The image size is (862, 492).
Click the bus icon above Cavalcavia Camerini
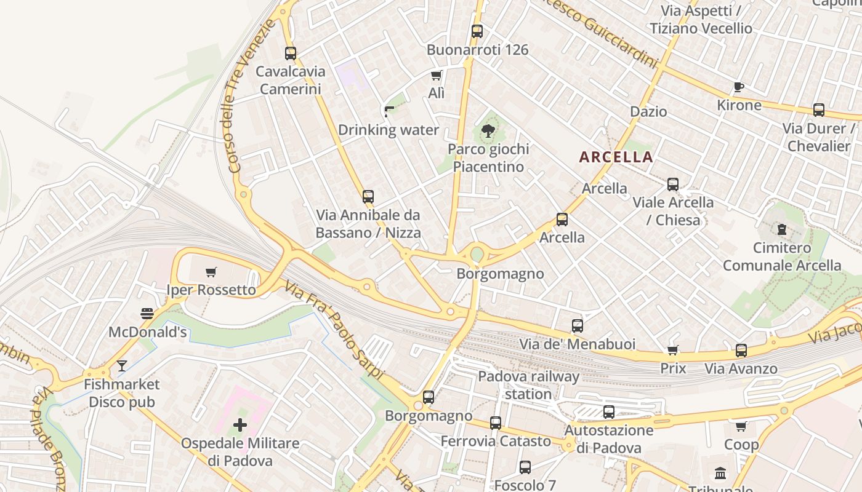(291, 54)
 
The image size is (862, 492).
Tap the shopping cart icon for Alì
(437, 76)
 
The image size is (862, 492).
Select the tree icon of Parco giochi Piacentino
(488, 130)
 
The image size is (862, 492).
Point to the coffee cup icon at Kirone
(739, 87)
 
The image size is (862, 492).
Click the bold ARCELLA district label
(616, 157)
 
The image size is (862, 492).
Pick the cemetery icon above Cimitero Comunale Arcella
(782, 230)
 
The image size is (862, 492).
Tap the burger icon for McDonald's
(147, 314)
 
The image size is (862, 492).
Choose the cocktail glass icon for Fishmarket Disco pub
(122, 366)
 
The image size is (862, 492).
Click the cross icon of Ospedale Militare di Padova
(240, 425)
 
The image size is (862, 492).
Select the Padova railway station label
(528, 385)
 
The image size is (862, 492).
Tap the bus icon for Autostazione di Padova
(609, 412)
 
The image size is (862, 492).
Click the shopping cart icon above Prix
(673, 351)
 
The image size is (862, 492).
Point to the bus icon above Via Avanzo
(741, 351)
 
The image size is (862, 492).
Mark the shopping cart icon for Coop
(741, 426)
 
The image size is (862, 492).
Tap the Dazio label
(648, 111)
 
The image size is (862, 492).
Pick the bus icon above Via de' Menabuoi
(577, 326)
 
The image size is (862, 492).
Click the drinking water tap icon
(389, 111)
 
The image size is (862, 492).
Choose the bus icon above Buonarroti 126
(477, 31)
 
